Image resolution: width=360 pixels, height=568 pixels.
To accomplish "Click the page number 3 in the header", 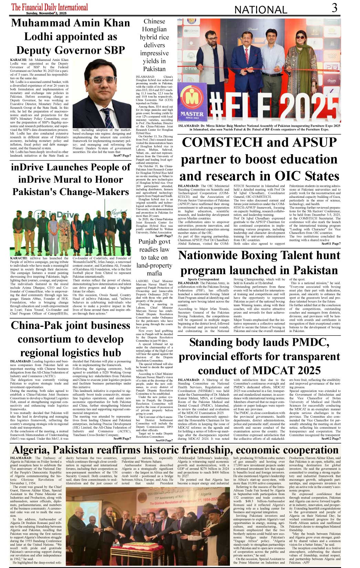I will pyautogui.click(x=334, y=8).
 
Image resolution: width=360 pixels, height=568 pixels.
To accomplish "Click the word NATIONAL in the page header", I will pyautogui.click(x=261, y=10).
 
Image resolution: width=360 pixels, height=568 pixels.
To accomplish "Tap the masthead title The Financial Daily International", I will pyautogui.click(x=50, y=7).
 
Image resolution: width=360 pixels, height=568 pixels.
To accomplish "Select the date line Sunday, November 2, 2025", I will pyautogui.click(x=46, y=13).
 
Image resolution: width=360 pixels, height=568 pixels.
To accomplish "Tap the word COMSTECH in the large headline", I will pyautogui.click(x=221, y=142).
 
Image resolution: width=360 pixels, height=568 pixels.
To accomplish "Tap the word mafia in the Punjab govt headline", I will pyautogui.click(x=154, y=273).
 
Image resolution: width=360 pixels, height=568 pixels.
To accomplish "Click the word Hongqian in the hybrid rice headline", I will pyautogui.click(x=154, y=30).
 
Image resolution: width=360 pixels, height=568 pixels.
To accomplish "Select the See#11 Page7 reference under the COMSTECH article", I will pyautogui.click(x=331, y=244).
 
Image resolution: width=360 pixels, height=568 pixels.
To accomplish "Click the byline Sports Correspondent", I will pyautogui.click(x=203, y=279).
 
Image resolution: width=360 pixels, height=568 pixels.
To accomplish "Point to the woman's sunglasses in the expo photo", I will pyautogui.click(x=300, y=37).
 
